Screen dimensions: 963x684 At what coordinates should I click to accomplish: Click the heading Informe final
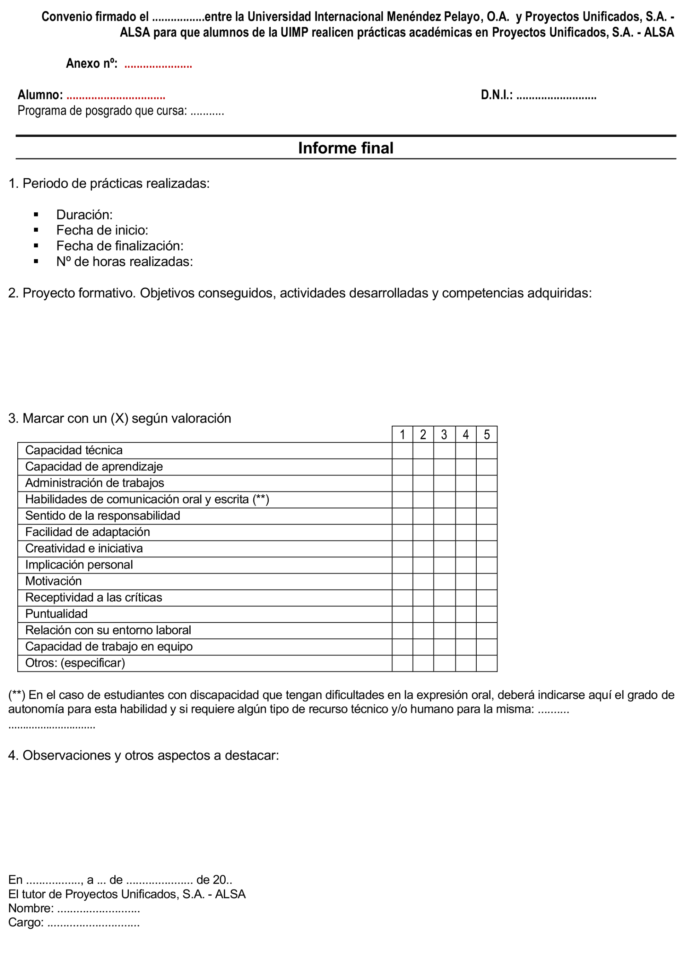click(345, 148)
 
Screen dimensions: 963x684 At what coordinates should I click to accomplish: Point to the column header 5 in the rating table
click(486, 435)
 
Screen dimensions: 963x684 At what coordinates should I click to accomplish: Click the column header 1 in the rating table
click(402, 435)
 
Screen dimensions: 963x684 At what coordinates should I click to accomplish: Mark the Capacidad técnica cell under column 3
click(444, 451)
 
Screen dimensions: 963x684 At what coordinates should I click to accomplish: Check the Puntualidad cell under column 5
click(486, 614)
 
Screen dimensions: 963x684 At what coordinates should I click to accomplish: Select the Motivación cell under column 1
click(402, 582)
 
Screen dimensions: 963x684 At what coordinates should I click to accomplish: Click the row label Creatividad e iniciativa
click(84, 548)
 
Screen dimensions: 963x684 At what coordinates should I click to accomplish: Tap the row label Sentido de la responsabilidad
click(102, 516)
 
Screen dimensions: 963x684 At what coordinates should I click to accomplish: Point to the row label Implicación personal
click(79, 565)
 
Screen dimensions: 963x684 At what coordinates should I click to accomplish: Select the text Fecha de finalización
click(120, 246)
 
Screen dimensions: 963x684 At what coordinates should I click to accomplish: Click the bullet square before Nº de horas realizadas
click(36, 262)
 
